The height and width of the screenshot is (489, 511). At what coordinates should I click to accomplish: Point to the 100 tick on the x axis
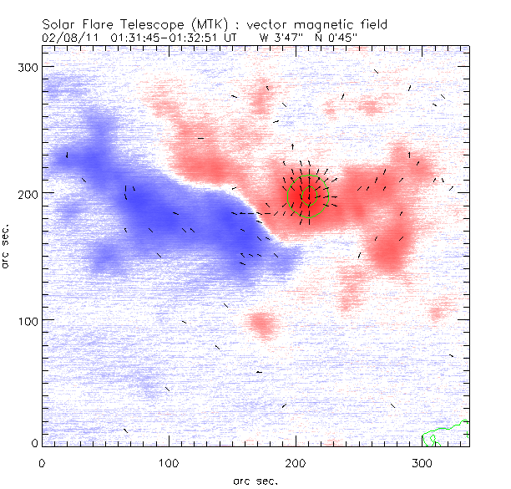tap(169, 463)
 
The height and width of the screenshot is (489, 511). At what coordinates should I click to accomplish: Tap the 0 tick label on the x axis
tap(42, 463)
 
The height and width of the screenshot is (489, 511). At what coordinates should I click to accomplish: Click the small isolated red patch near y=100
tap(263, 323)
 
